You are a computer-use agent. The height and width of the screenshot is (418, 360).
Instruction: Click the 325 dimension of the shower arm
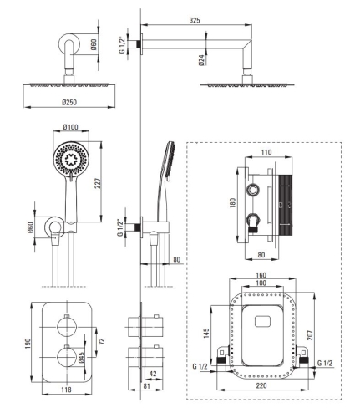[x=195, y=20]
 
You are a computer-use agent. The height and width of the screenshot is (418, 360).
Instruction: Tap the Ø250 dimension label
[x=69, y=103]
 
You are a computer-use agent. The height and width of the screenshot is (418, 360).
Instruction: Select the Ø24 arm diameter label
[x=202, y=60]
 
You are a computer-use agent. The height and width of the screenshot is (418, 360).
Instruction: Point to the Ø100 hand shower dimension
[x=71, y=127]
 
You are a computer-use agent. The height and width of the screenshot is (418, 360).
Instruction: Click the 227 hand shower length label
[x=98, y=183]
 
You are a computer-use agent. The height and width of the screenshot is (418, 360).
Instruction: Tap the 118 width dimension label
[x=66, y=390]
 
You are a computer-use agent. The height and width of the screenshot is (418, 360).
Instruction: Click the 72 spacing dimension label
[x=102, y=341]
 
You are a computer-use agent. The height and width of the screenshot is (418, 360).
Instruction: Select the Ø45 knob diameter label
[x=80, y=358]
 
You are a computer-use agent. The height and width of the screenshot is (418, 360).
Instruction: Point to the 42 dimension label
[x=153, y=374]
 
